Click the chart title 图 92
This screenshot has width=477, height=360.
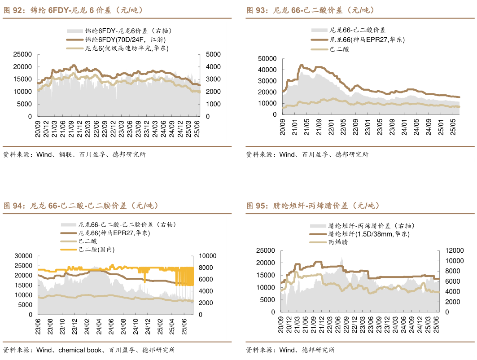[x=74, y=10]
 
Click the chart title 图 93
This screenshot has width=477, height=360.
[x=310, y=10]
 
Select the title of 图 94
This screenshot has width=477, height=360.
[x=81, y=206]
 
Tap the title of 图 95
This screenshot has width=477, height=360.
[x=313, y=206]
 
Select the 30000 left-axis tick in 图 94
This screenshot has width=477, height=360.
[x=23, y=256]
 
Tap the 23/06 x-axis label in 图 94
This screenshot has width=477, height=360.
[x=38, y=324]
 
